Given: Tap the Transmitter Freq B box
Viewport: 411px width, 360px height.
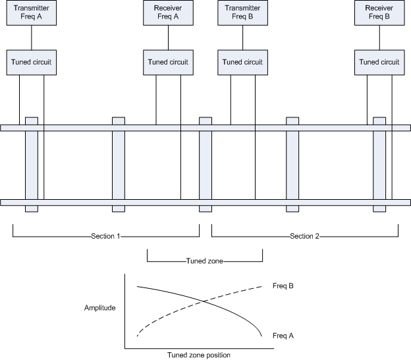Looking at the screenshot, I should pos(242,14).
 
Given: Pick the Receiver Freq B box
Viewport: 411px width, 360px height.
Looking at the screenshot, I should pos(379,14).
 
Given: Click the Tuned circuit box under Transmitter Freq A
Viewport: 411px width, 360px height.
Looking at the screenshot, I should pos(32,62).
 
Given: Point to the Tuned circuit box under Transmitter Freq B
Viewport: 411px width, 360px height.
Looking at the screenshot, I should pos(242,62).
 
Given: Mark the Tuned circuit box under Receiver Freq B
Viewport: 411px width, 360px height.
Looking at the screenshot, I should pos(379,62).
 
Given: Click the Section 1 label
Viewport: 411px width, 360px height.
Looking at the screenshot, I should pos(105,235).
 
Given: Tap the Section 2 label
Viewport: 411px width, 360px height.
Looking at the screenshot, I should pos(304,235).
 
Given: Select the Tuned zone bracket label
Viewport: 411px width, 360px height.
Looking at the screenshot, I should pos(204,261).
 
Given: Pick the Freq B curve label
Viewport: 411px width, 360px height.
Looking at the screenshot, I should pos(283,286).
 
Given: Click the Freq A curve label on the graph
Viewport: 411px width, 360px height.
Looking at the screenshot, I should pos(283,336).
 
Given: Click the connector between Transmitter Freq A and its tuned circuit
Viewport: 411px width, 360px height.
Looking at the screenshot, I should pos(32,38).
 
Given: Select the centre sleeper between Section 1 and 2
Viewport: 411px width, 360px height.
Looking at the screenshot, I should pos(205,165).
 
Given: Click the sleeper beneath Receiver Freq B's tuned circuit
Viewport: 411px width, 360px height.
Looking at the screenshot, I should pos(379,165).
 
